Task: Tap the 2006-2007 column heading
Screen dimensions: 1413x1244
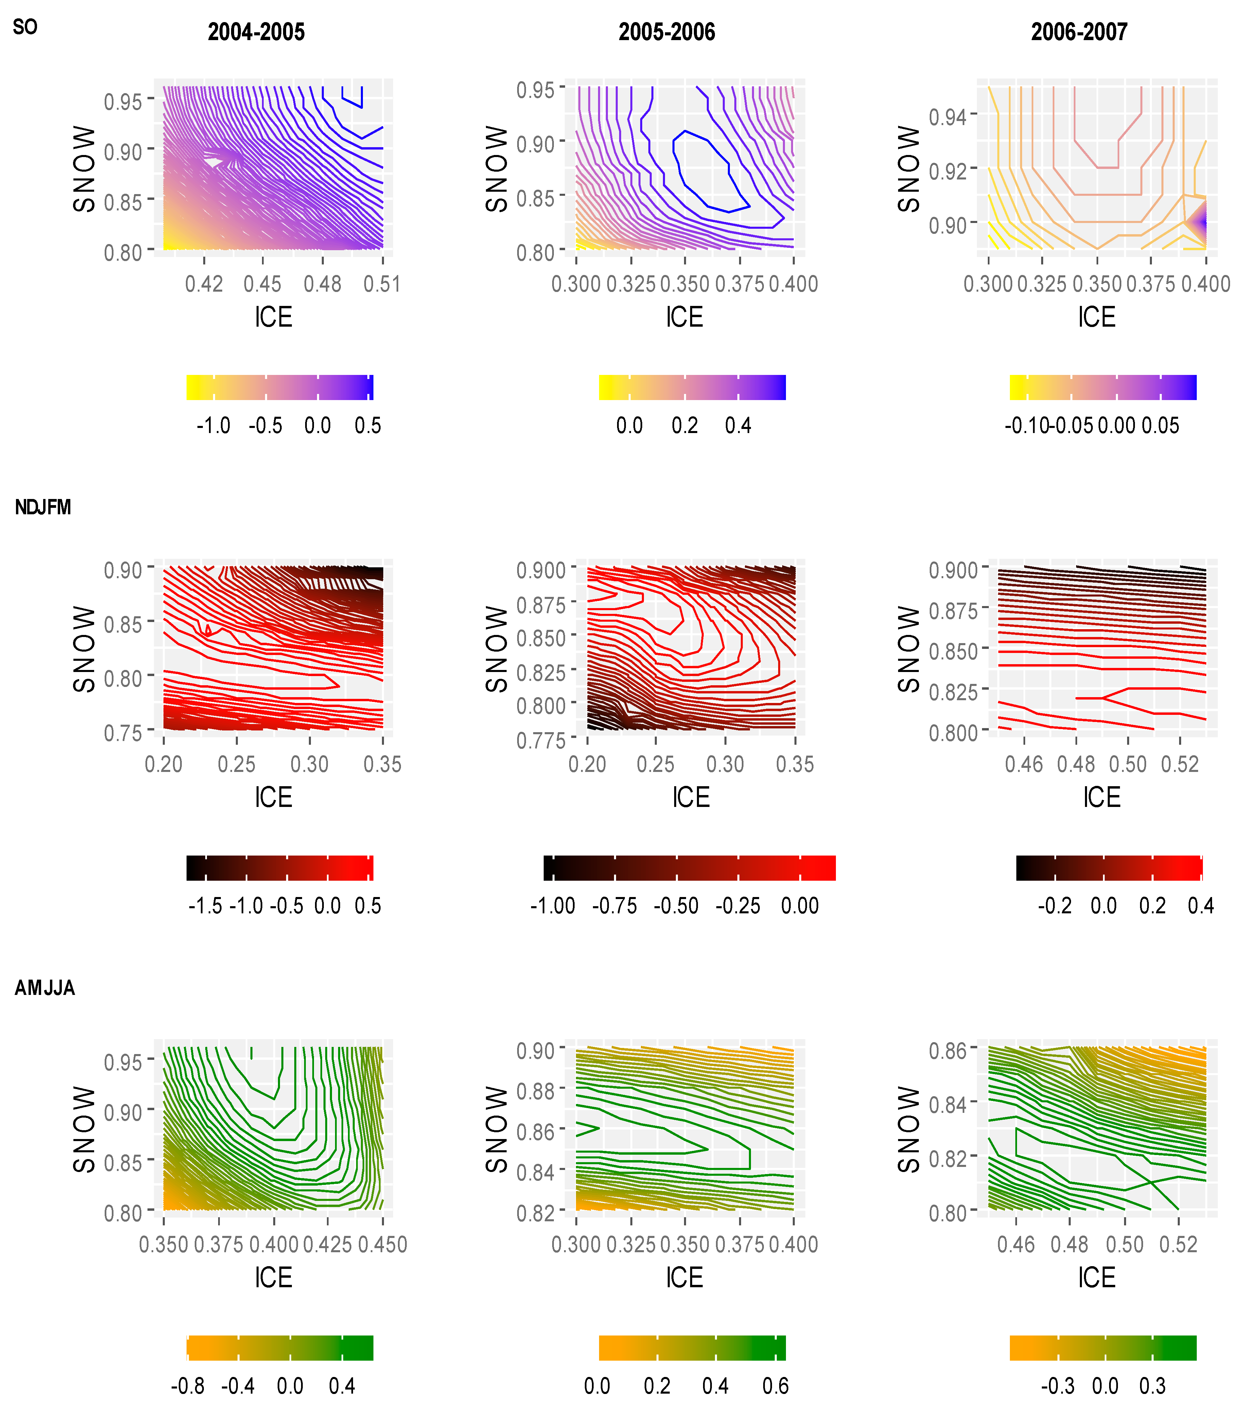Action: (1079, 32)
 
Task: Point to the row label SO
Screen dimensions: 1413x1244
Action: (25, 27)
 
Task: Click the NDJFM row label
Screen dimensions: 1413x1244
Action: (43, 507)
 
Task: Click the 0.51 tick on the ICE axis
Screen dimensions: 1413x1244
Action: (382, 284)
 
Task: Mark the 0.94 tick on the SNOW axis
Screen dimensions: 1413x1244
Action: (947, 117)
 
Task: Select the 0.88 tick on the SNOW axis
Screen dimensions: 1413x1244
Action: (536, 1091)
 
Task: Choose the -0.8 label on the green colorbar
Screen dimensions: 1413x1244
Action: (188, 1386)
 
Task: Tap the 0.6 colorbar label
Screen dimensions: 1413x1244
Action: (775, 1386)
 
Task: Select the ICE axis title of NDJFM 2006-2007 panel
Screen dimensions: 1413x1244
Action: (1102, 797)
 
